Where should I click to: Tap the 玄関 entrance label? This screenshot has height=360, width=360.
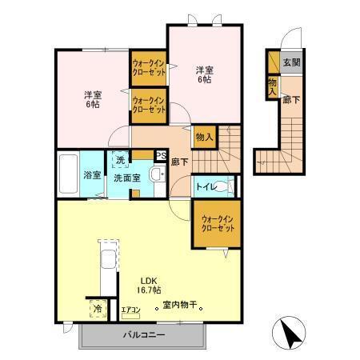tap(290, 62)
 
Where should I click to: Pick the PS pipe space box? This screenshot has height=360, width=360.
tap(161, 156)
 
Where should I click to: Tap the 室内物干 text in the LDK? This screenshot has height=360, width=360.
tap(179, 305)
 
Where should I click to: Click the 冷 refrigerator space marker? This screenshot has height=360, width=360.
tap(97, 306)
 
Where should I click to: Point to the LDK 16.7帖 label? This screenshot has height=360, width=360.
tap(150, 285)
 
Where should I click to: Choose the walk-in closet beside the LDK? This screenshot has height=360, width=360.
tap(218, 222)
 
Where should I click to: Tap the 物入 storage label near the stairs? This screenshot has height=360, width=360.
tap(204, 137)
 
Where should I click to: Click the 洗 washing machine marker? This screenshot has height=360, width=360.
tap(119, 161)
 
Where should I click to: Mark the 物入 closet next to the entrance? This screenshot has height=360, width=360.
tap(273, 86)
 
